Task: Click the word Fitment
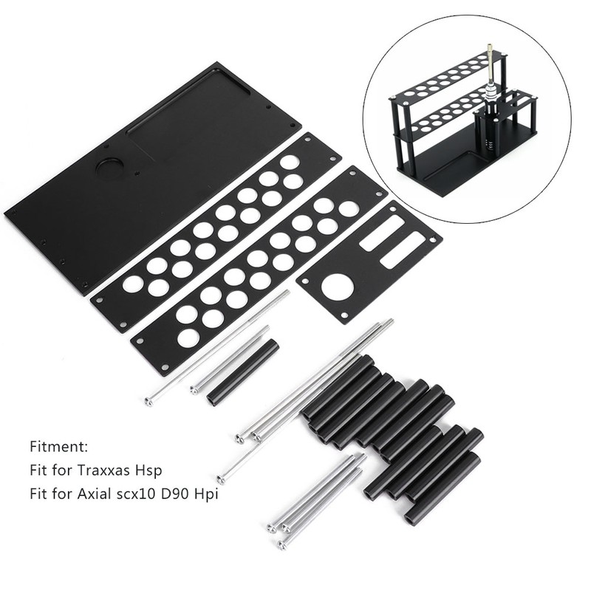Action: click(x=59, y=447)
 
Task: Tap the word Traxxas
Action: click(x=106, y=469)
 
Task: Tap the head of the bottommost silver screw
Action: click(x=282, y=544)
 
